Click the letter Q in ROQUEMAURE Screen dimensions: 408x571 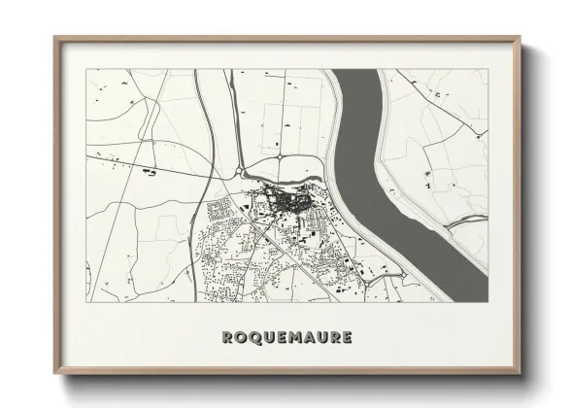point(257,338)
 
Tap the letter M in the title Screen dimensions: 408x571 point(293,338)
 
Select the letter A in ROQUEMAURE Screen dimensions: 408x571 point(311,338)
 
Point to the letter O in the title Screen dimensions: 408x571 point(241,338)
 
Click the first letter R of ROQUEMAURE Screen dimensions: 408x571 point(226,338)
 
